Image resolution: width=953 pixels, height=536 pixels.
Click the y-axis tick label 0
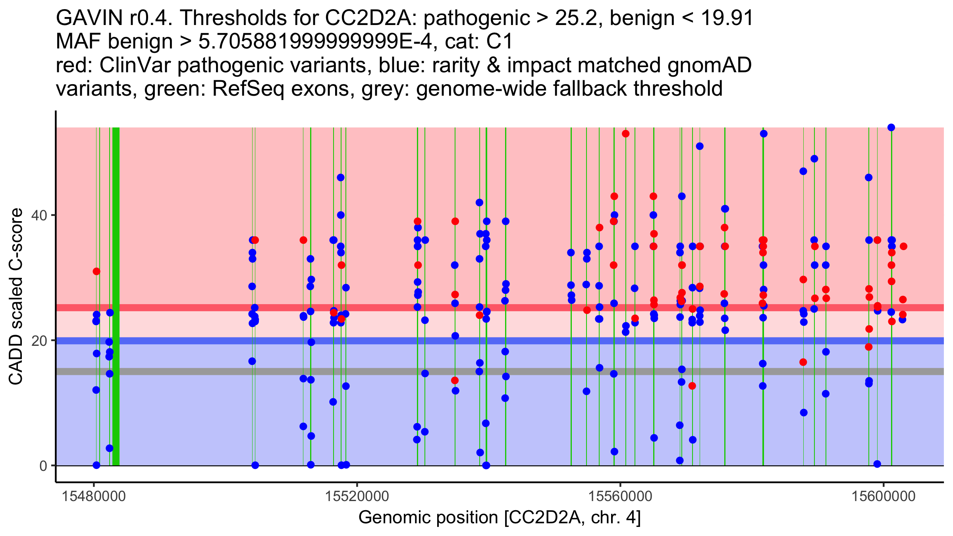tap(43, 466)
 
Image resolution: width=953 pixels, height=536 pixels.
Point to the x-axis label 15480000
tap(94, 496)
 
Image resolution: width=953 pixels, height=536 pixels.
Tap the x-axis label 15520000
tap(357, 496)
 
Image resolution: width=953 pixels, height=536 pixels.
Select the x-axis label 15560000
tap(620, 496)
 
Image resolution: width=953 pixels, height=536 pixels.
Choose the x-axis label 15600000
tap(884, 496)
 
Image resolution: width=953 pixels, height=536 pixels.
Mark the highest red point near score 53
tap(626, 134)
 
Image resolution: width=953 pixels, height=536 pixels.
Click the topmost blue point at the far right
tap(891, 127)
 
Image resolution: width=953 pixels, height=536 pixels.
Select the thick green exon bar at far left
tap(116, 296)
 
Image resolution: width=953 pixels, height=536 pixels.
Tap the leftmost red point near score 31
tap(96, 272)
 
